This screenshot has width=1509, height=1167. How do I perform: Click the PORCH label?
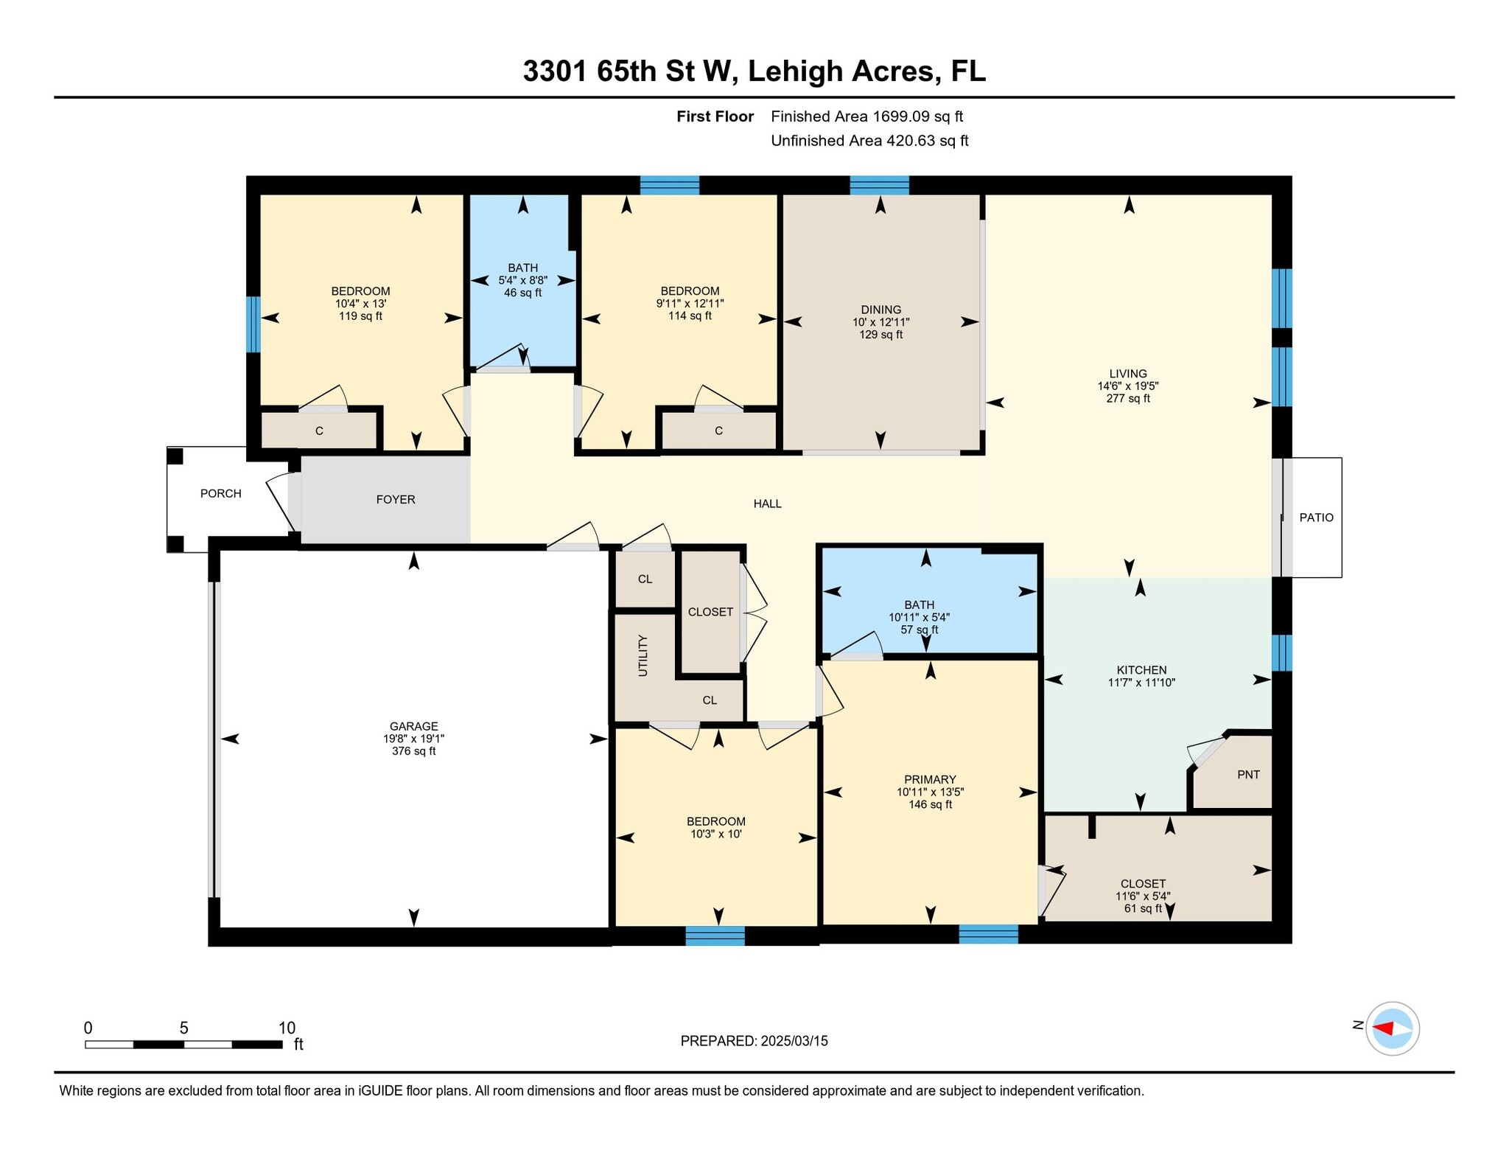[221, 493]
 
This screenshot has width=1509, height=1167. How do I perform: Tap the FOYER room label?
[396, 499]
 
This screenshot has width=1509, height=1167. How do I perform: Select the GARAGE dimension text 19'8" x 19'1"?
[413, 739]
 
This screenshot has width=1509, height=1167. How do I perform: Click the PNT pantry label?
[1248, 775]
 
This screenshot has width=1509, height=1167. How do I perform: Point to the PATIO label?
[1316, 518]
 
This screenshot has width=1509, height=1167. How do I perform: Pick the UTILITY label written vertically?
[643, 655]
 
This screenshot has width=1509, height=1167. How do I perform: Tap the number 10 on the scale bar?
[287, 1028]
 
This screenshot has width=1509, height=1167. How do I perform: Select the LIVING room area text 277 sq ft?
[1128, 399]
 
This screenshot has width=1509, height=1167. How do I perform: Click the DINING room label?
[880, 310]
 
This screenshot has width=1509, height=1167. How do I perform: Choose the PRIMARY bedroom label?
[930, 779]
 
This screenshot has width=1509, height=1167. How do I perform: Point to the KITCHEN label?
[1141, 670]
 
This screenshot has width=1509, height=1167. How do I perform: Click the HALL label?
[767, 504]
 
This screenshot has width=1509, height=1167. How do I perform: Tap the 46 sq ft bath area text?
[522, 293]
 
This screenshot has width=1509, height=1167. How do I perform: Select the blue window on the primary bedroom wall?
[988, 935]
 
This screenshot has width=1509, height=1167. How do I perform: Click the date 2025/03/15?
[794, 1041]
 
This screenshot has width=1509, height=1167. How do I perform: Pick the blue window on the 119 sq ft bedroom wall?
[253, 324]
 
